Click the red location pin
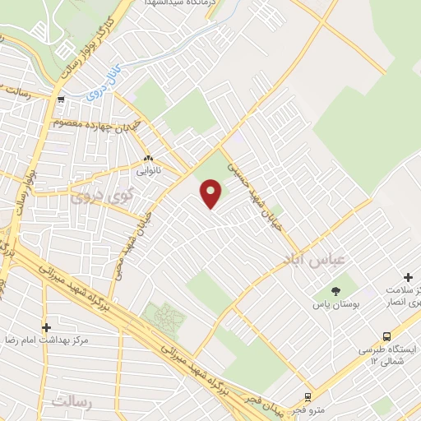tap(211, 194)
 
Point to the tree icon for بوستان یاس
tap(335, 290)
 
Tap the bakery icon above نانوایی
tap(148, 159)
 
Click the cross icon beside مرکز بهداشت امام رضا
tap(46, 327)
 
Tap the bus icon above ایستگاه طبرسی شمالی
tap(386, 336)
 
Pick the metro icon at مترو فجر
tap(308, 396)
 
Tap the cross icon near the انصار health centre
tap(408, 278)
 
